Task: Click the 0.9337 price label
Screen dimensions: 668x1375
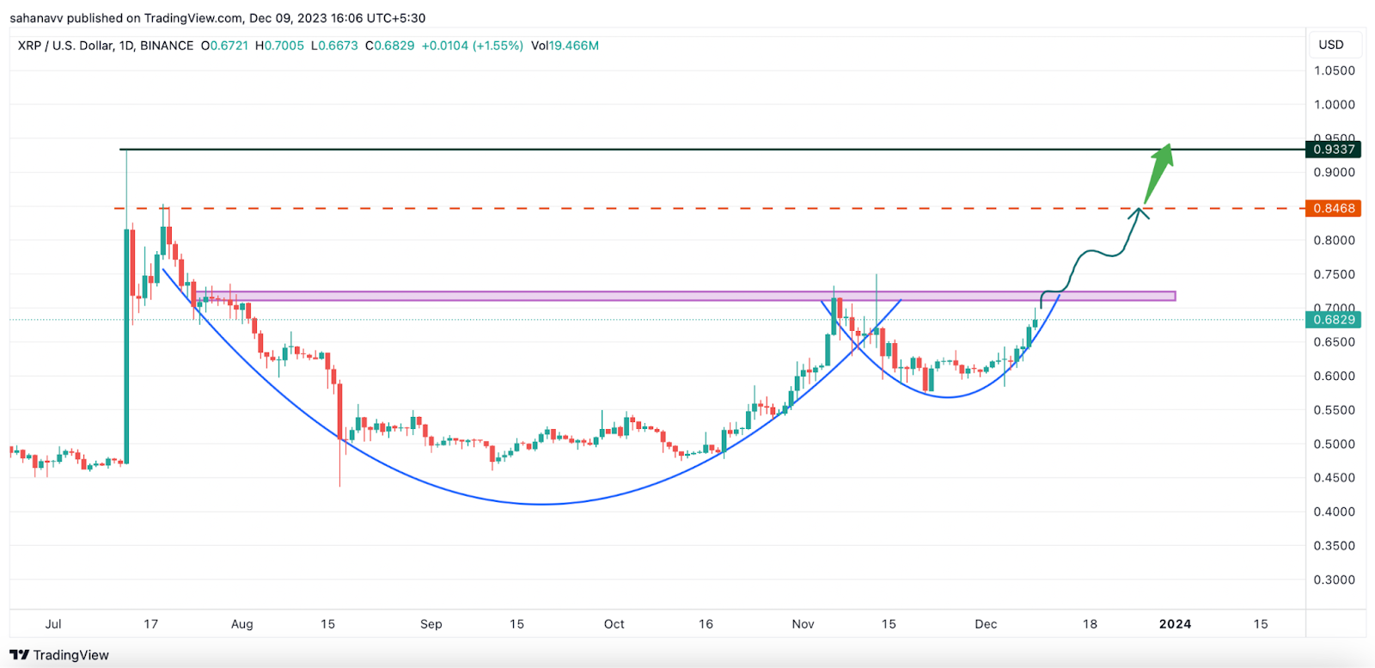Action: [1334, 150]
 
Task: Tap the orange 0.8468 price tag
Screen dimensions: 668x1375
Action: [1334, 208]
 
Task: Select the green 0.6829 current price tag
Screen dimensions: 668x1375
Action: [1334, 320]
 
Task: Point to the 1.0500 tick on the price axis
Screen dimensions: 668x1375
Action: [1334, 70]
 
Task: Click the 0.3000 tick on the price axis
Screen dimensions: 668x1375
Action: [1334, 579]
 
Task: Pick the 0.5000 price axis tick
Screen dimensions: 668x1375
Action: [1334, 444]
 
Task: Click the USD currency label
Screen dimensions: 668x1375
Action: [1330, 45]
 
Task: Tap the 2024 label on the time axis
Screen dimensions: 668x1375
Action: [1175, 624]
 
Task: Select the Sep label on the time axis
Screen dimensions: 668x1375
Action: [431, 624]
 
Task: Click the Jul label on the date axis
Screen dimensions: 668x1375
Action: [53, 624]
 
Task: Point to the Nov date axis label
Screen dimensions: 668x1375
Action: [803, 624]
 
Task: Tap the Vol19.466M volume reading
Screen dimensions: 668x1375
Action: [565, 46]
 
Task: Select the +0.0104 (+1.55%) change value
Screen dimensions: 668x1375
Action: [472, 46]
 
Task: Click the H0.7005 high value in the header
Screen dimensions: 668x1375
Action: [279, 46]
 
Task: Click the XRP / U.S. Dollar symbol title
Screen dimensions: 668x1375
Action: [105, 46]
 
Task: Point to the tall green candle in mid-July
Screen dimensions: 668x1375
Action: [127, 344]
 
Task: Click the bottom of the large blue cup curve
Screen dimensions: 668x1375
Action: [541, 504]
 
